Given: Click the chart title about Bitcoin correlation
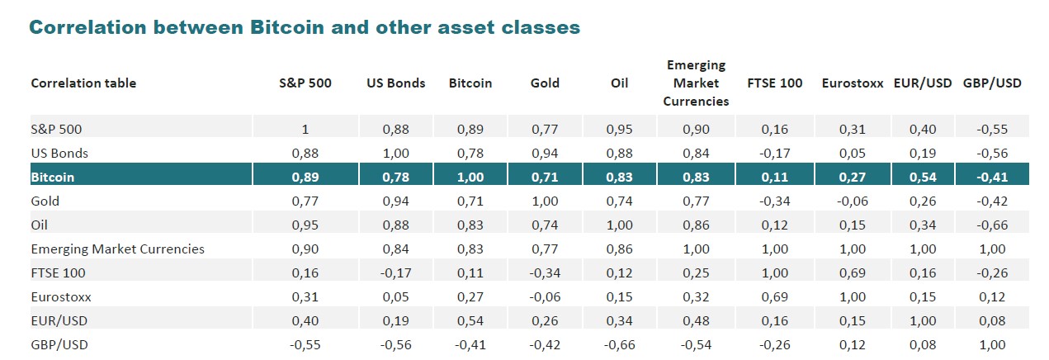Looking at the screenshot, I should pyautogui.click(x=305, y=27).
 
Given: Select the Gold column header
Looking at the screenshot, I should pyautogui.click(x=545, y=83).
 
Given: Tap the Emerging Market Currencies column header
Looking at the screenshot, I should pyautogui.click(x=695, y=83).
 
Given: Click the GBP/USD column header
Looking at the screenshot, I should pyautogui.click(x=991, y=83).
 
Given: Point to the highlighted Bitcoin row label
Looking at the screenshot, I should pyautogui.click(x=52, y=177).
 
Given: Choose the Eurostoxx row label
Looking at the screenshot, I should pyautogui.click(x=60, y=296).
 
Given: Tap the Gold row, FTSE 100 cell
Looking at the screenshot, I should pyautogui.click(x=774, y=201).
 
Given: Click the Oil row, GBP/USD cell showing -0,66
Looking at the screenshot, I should pyautogui.click(x=991, y=225).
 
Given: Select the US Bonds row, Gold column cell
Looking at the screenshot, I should pyautogui.click(x=545, y=153).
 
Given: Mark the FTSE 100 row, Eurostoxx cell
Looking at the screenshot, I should pyautogui.click(x=853, y=272).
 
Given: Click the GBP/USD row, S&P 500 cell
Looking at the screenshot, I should pyautogui.click(x=305, y=344).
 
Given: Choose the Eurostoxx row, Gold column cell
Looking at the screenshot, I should pyautogui.click(x=545, y=296).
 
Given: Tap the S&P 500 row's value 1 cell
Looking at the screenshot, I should pyautogui.click(x=305, y=129).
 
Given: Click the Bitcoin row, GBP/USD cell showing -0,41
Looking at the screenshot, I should pyautogui.click(x=991, y=177).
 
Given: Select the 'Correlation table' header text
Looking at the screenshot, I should pyautogui.click(x=83, y=83).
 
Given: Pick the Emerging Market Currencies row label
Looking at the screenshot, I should pyautogui.click(x=117, y=249).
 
